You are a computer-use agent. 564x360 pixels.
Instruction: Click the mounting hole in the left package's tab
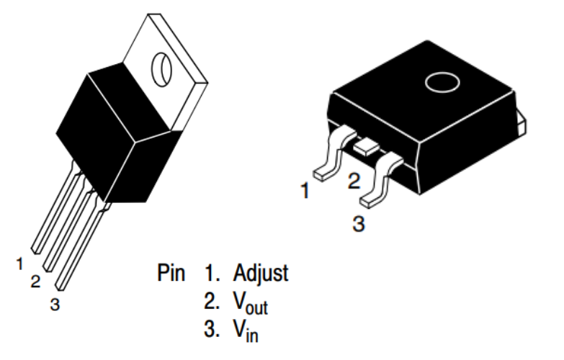tap(161, 69)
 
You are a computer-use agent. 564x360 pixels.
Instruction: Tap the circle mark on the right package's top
tap(442, 82)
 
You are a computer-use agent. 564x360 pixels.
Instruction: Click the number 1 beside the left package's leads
tap(19, 264)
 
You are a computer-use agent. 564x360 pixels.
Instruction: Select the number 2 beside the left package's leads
tap(35, 282)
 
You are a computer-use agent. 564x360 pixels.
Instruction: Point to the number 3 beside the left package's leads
tap(55, 305)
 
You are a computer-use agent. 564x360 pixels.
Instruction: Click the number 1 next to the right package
tap(305, 191)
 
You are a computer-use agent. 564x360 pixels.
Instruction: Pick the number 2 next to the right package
tap(354, 181)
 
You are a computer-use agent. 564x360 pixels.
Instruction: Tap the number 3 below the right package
tap(359, 223)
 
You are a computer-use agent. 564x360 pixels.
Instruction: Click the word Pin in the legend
tap(171, 273)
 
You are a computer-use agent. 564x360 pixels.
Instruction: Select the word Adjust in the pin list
tap(261, 274)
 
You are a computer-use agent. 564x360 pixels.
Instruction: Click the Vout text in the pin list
tap(251, 303)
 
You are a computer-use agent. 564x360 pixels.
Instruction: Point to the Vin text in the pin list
tap(246, 331)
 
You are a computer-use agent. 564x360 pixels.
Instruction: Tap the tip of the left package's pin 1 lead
tap(35, 250)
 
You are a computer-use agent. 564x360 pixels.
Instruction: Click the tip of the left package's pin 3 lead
tap(60, 287)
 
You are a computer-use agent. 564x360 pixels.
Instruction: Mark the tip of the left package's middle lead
tap(48, 268)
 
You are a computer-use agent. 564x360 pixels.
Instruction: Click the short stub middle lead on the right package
tap(367, 147)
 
